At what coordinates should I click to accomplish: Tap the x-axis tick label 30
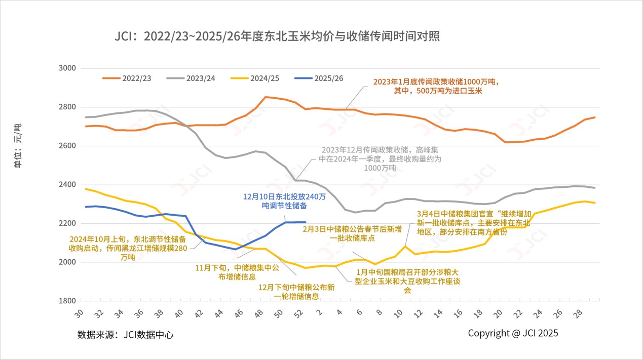[79, 314]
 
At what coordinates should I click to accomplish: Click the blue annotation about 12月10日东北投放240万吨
[284, 201]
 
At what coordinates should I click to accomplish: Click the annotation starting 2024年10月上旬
[128, 248]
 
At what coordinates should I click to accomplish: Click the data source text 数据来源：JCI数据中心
[125, 335]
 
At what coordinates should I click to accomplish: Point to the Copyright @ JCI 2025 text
[513, 333]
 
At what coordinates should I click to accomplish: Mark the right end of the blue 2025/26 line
[305, 222]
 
